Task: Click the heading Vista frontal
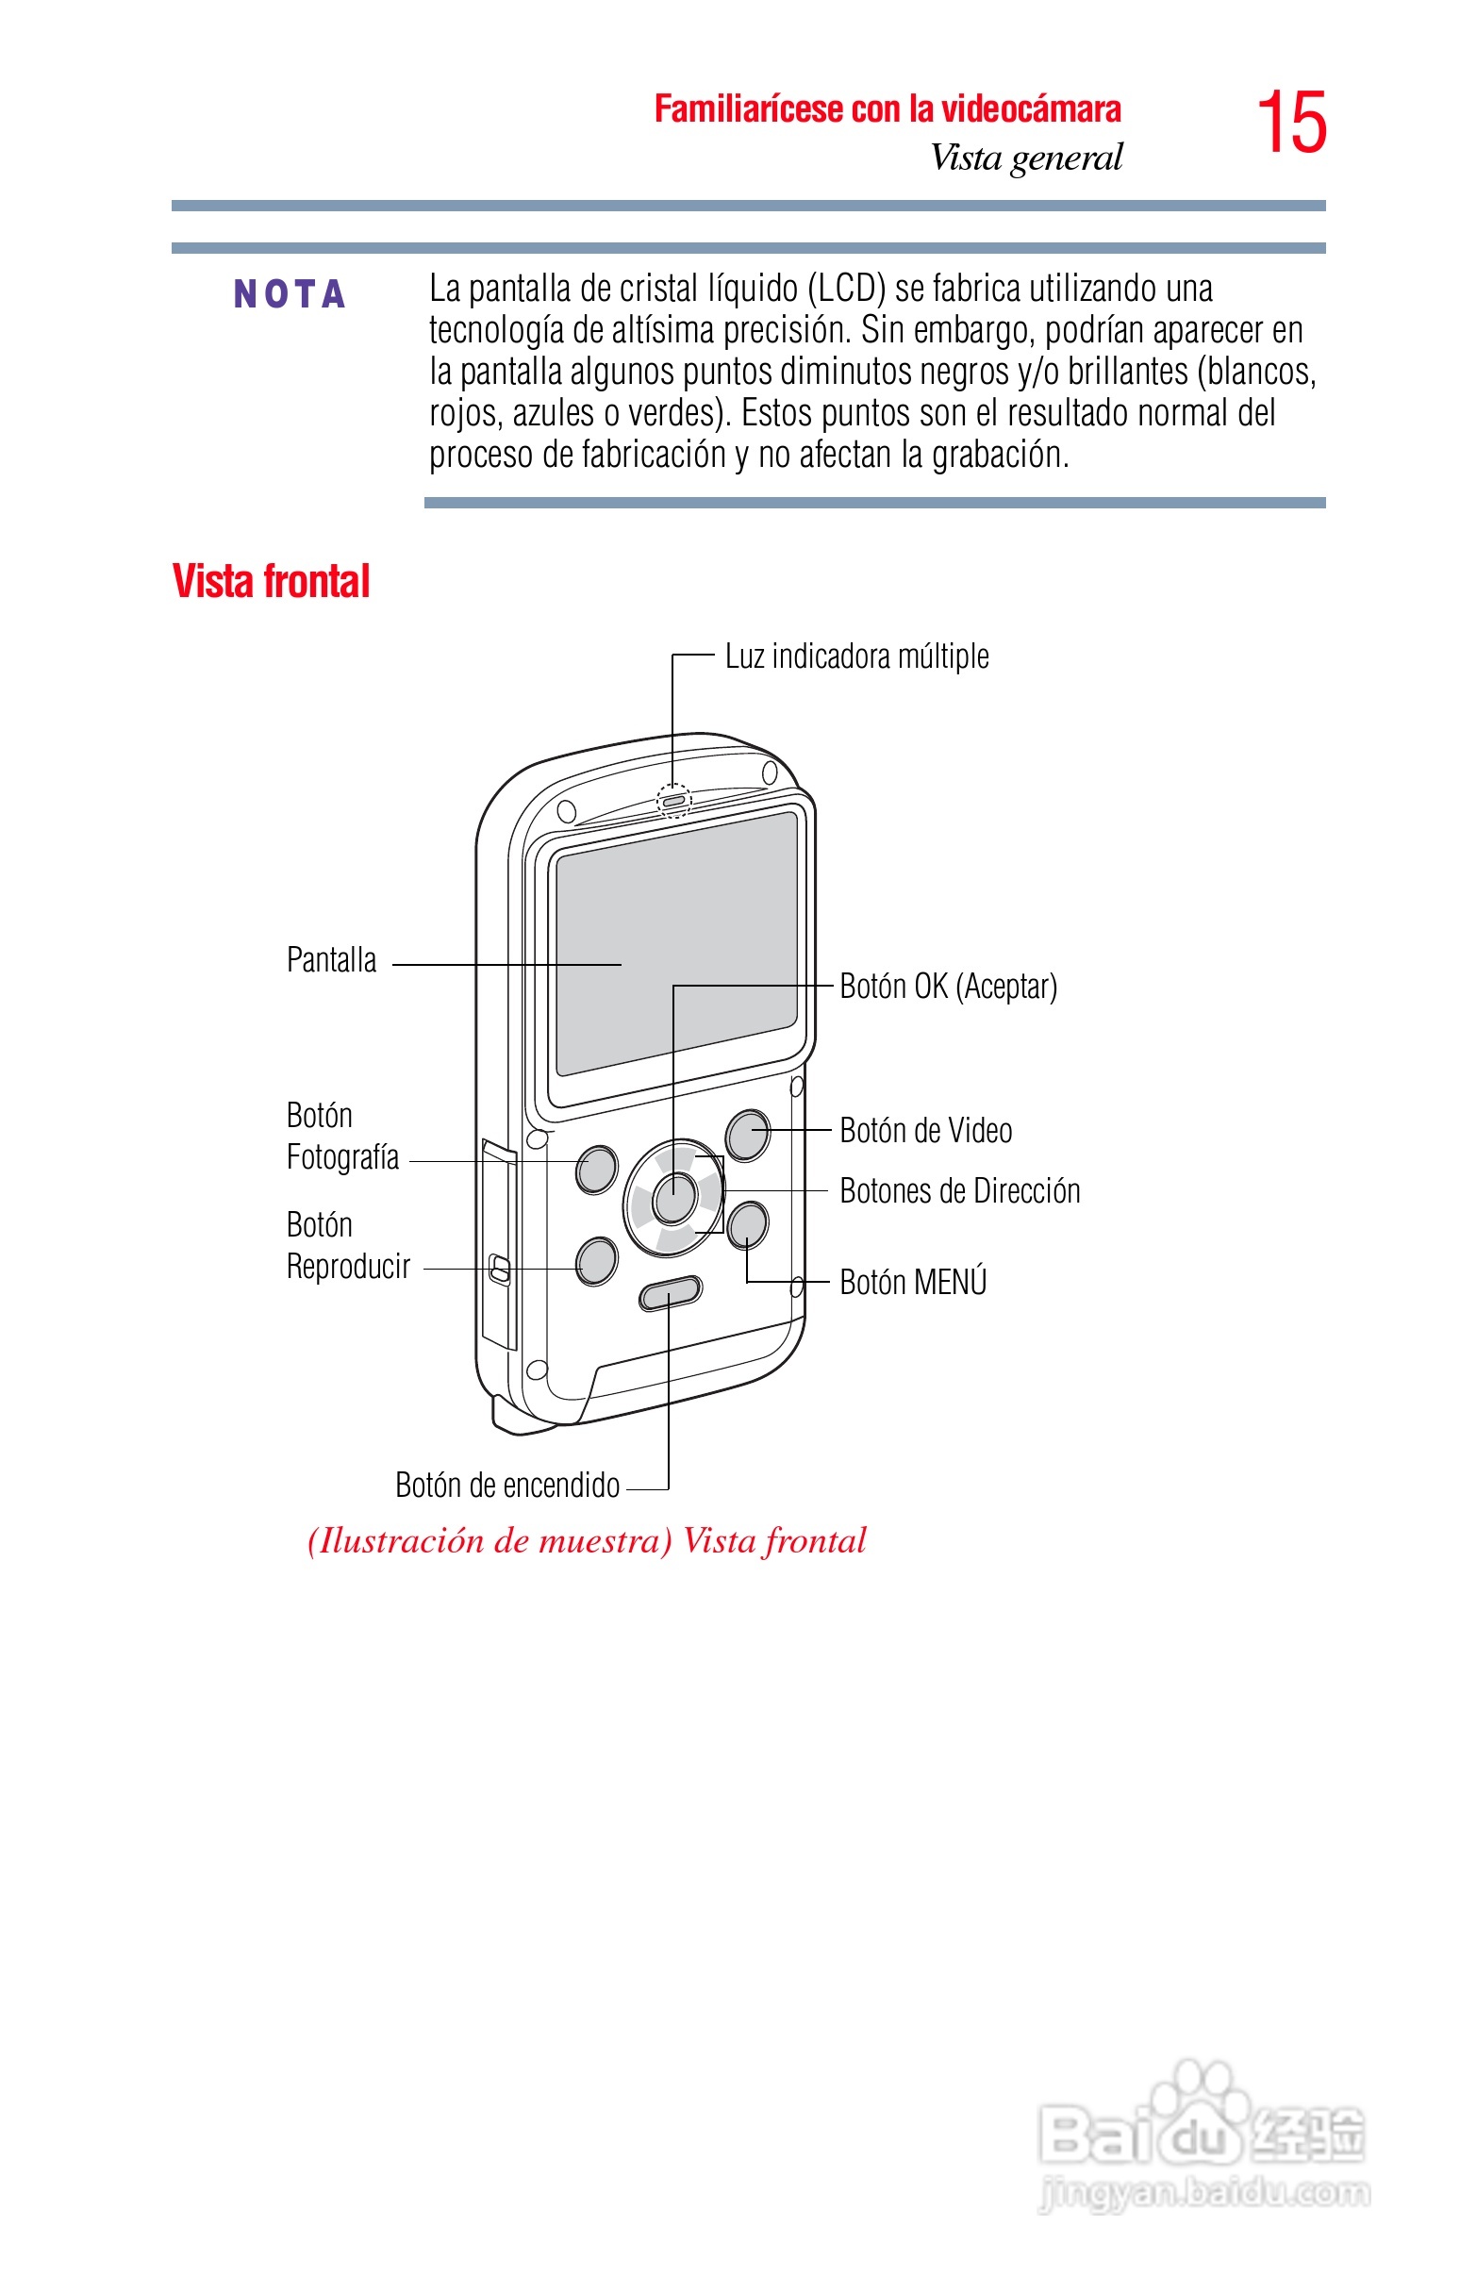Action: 271,581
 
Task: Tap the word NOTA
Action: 290,295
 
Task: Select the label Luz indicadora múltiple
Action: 856,656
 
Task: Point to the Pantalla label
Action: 331,960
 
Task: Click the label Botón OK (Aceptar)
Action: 948,987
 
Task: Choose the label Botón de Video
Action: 925,1131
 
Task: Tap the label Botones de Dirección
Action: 959,1191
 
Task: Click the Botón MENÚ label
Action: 913,1283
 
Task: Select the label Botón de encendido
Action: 507,1486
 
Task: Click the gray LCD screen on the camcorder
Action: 676,943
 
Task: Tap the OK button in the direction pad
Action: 674,1198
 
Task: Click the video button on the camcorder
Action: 748,1135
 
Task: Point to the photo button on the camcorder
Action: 596,1169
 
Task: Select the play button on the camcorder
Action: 596,1261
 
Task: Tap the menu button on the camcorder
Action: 748,1223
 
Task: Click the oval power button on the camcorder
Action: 671,1292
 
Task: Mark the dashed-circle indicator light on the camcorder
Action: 674,801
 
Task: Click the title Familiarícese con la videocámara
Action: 888,109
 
